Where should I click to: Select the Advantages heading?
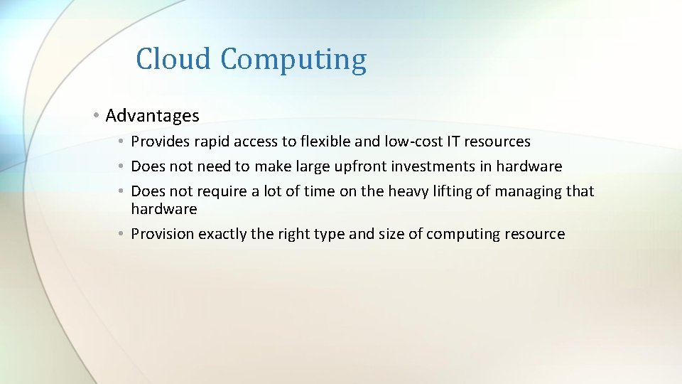tap(152, 115)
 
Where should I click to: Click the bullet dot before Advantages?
tap(96, 115)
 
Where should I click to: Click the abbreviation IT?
tap(453, 142)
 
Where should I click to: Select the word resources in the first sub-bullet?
tap(497, 142)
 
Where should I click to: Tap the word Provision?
tap(163, 234)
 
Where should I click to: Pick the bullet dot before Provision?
tap(122, 234)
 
